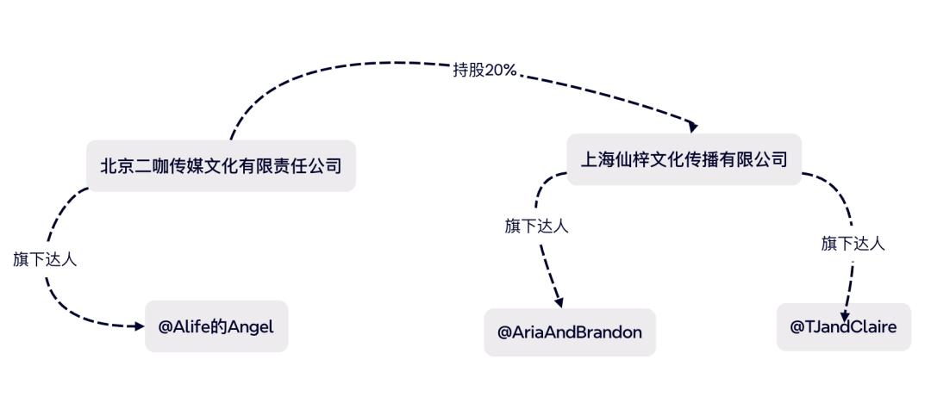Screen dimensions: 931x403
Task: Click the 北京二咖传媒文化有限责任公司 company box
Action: (x=221, y=165)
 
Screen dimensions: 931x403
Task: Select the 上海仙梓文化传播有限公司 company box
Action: (x=684, y=159)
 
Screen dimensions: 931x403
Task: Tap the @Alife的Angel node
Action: (x=216, y=326)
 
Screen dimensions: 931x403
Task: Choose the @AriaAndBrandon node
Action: (x=570, y=332)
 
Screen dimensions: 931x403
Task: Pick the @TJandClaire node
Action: (x=844, y=327)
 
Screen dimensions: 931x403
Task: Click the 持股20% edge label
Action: (x=484, y=71)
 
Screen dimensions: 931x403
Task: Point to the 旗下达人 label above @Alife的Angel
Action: (x=45, y=259)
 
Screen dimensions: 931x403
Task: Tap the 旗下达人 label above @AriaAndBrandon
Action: (x=537, y=226)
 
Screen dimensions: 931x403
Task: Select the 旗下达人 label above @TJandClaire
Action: (x=853, y=244)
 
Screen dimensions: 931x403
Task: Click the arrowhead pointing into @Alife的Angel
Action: (x=140, y=325)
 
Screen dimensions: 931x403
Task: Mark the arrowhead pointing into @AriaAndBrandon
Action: (x=558, y=303)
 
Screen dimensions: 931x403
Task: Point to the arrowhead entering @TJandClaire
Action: (x=845, y=317)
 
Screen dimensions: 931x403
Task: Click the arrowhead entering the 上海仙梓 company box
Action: (x=692, y=127)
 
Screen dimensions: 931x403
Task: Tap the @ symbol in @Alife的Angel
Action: (x=165, y=327)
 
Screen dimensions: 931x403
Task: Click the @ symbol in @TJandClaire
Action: (x=797, y=327)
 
